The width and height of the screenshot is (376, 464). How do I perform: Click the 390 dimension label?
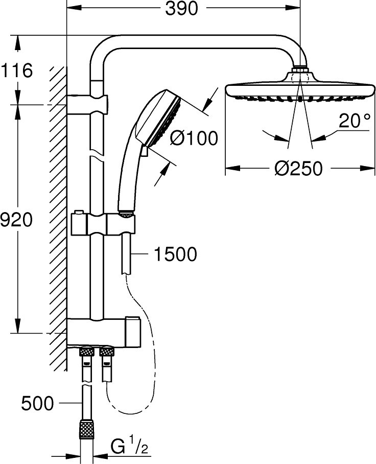tap(181, 9)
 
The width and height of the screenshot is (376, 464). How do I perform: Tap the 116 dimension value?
tap(17, 71)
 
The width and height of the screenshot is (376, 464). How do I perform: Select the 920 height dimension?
tap(16, 220)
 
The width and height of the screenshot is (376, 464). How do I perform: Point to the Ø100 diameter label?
tap(194, 138)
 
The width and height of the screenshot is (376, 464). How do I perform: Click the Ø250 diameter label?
tap(298, 169)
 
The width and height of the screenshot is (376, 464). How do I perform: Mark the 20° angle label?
tap(355, 121)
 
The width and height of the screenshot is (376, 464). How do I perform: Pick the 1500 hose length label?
tap(175, 254)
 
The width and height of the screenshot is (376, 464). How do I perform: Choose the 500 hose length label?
tap(38, 403)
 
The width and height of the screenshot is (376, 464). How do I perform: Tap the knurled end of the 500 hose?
tap(87, 429)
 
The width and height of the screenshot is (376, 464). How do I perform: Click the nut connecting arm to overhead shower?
tap(300, 69)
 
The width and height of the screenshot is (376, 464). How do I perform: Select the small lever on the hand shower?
tap(145, 151)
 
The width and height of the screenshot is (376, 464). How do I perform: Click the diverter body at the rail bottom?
tap(104, 332)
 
